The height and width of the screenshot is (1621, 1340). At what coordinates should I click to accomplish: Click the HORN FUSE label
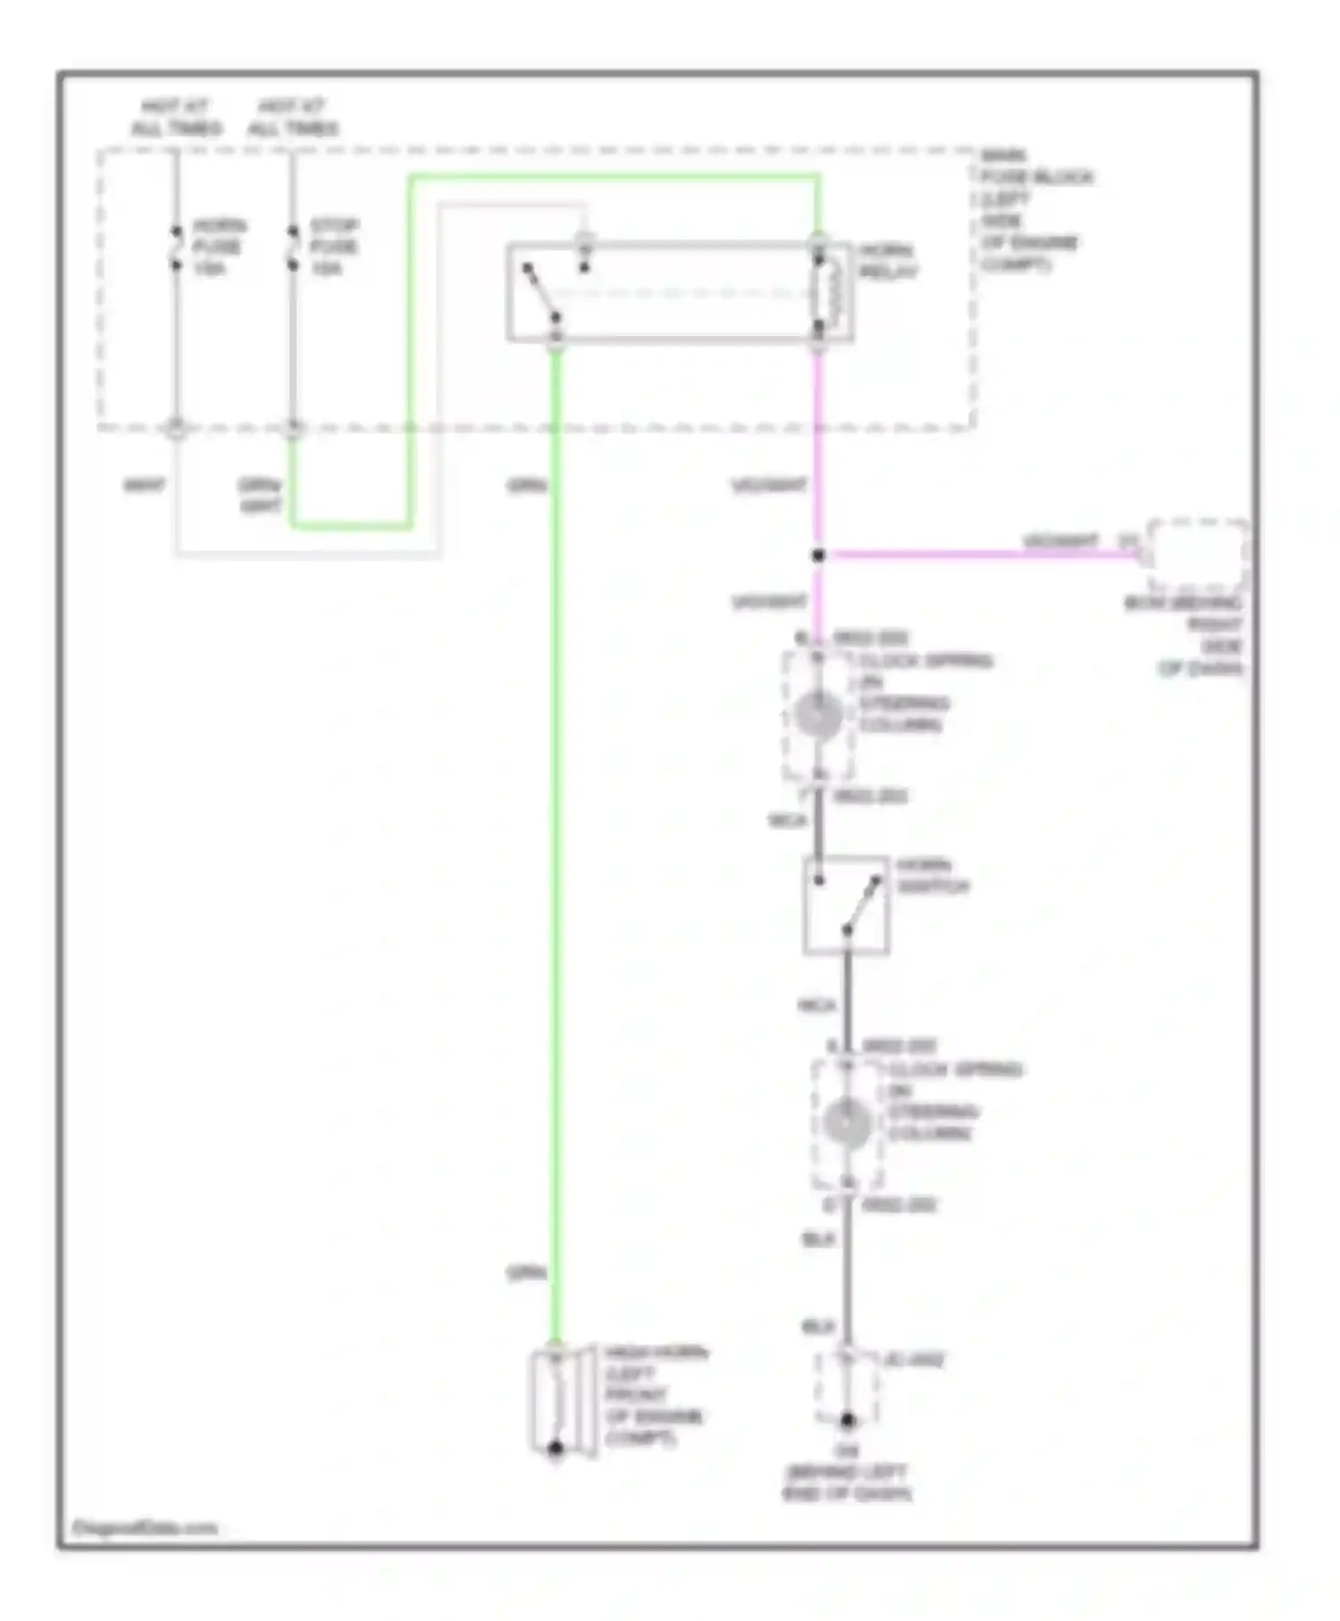click(218, 247)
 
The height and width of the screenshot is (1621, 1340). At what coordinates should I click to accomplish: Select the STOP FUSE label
click(334, 247)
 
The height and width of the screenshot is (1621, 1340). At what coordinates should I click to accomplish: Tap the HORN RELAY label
click(887, 261)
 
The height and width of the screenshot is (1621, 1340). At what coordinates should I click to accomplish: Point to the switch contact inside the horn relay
click(542, 291)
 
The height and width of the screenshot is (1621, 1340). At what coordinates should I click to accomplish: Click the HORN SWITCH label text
click(932, 876)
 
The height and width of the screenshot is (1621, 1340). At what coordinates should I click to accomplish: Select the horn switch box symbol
click(846, 905)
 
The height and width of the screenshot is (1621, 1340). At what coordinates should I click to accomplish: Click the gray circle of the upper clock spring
click(818, 716)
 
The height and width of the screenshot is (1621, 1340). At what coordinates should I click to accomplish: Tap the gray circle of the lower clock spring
click(847, 1124)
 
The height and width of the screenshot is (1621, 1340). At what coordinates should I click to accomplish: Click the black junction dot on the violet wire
click(817, 555)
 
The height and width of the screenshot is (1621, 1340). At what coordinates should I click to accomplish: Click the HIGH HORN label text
click(655, 1395)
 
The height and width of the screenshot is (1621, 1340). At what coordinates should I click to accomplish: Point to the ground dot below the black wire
click(847, 1419)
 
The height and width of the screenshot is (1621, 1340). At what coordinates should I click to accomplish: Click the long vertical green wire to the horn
click(556, 849)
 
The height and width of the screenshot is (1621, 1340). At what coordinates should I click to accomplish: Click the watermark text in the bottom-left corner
click(144, 1528)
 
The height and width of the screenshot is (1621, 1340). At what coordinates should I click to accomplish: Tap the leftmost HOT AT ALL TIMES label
click(176, 117)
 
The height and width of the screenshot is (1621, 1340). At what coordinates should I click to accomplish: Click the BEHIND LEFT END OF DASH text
click(847, 1483)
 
